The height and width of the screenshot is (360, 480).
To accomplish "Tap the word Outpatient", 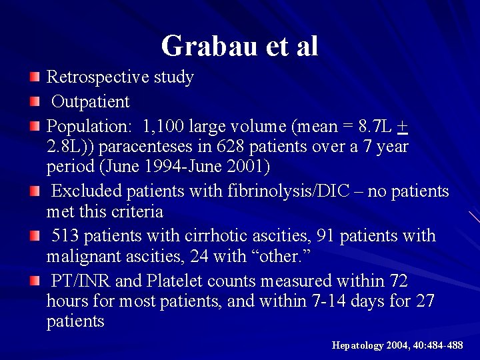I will tap(91, 102).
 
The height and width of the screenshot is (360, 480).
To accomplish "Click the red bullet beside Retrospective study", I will tap(35, 77).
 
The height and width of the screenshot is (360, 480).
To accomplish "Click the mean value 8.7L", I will tap(373, 126).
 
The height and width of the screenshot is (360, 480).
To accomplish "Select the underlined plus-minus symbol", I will tap(402, 126).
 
